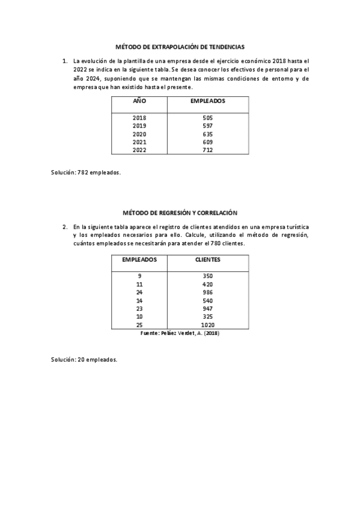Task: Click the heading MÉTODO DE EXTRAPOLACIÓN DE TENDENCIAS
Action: pos(180,46)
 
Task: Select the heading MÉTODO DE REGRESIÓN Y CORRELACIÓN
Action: pos(180,212)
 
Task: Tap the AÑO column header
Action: pos(139,102)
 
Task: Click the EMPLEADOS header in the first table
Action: pos(208,102)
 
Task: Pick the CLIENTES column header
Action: pos(208,260)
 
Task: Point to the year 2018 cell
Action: pos(139,118)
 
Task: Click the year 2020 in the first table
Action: pos(139,134)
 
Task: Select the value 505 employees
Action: pos(208,118)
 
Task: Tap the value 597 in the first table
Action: pos(208,126)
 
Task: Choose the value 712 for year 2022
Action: pos(208,150)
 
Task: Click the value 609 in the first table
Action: pos(208,143)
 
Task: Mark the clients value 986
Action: pos(208,292)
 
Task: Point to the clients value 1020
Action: pos(208,324)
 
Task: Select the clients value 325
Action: pos(208,316)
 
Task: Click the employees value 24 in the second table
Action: pos(139,292)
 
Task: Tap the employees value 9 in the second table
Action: pos(139,275)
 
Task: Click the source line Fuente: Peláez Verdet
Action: pos(180,333)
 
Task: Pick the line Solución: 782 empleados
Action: pos(86,173)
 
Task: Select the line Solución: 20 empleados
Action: pos(84,360)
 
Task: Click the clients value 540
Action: pos(208,300)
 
